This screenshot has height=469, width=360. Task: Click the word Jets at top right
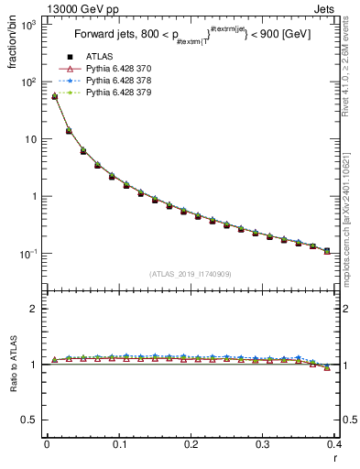(340, 8)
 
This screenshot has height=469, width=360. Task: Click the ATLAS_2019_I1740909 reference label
(190, 274)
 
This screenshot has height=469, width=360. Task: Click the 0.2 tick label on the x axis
(191, 444)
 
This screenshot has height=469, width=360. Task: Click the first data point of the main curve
(54, 96)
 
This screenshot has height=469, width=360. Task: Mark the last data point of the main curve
(327, 250)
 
